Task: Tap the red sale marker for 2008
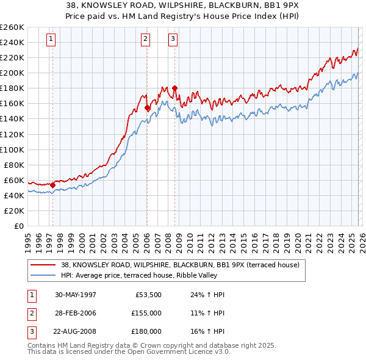174,88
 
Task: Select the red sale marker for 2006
147,107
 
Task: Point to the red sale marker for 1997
53,185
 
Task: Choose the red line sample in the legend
43,265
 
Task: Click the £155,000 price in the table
146,313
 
